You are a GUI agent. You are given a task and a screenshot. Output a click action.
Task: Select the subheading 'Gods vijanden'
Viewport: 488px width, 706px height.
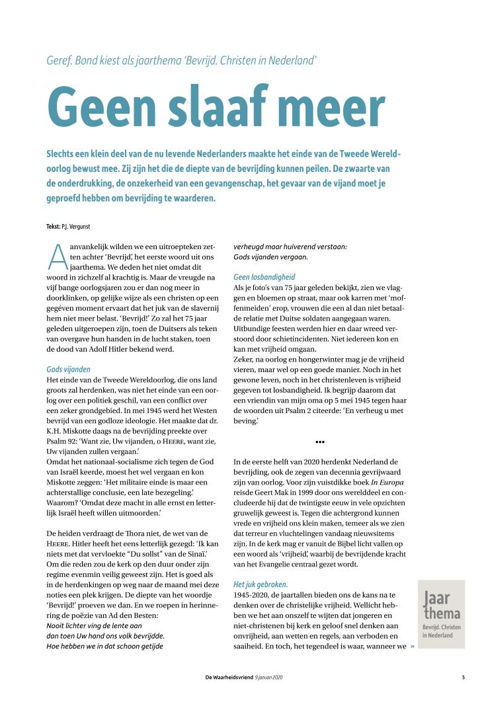pyautogui.click(x=68, y=369)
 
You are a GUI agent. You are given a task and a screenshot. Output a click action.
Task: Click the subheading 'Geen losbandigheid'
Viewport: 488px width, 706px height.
pyautogui.click(x=264, y=276)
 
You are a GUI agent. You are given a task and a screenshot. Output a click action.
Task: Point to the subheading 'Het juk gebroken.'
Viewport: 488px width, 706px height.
pyautogui.click(x=260, y=584)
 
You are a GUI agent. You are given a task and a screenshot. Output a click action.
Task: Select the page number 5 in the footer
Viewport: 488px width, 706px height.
pyautogui.click(x=464, y=678)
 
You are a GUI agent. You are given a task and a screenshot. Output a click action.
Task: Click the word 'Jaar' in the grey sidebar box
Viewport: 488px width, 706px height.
pyautogui.click(x=436, y=599)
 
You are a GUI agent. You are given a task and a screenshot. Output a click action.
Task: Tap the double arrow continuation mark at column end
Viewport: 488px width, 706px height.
pyautogui.click(x=413, y=646)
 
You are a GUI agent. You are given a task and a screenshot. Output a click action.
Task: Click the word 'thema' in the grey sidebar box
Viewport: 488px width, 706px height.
pyautogui.click(x=442, y=613)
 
